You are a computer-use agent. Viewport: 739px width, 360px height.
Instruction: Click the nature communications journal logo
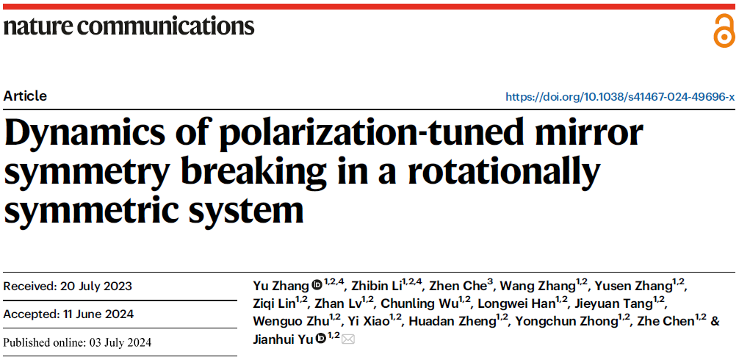129,26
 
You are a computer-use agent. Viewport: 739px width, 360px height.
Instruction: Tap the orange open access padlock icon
724,31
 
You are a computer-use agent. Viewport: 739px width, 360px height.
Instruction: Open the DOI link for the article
620,97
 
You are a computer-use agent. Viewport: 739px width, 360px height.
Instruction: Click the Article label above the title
25,96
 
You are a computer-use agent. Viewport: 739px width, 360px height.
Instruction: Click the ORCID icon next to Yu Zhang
317,285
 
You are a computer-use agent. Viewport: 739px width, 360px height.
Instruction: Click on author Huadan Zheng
452,321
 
